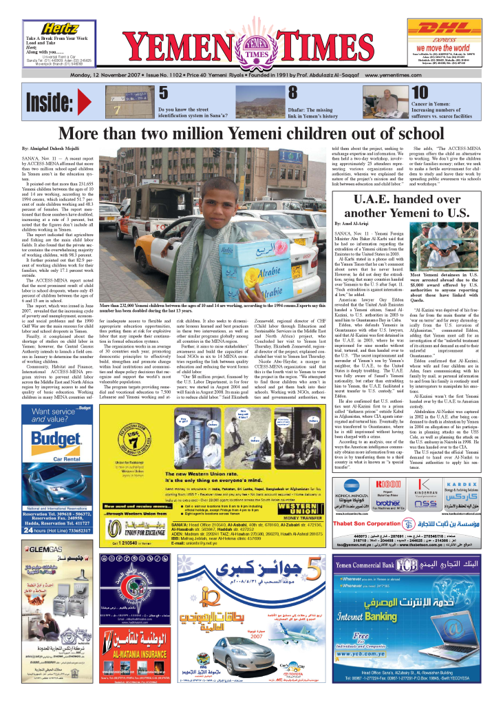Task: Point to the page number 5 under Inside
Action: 163,93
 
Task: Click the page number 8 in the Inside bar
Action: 292,93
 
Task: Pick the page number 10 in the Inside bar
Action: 419,93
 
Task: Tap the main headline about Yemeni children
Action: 251,133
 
